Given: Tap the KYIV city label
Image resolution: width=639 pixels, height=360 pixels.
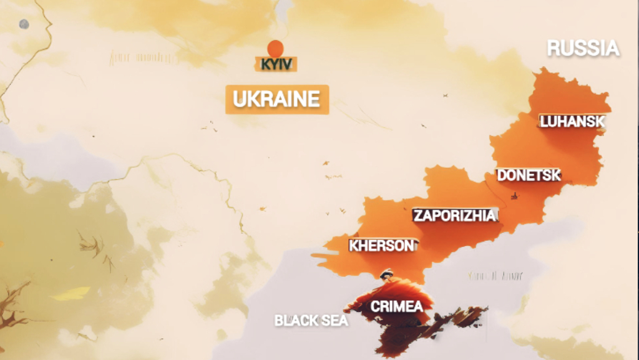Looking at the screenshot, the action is pyautogui.click(x=275, y=64).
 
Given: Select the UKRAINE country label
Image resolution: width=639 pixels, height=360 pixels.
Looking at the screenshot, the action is pyautogui.click(x=276, y=99).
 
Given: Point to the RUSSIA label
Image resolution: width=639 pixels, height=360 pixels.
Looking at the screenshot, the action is pyautogui.click(x=583, y=49).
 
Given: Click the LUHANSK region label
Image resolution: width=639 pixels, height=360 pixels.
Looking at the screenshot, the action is pyautogui.click(x=572, y=122).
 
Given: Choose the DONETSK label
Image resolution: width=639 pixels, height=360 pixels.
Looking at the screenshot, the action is pyautogui.click(x=529, y=175).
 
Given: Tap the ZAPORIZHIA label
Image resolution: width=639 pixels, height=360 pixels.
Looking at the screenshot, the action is pyautogui.click(x=455, y=216).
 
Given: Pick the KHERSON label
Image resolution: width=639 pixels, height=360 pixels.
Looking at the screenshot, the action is pyautogui.click(x=381, y=246).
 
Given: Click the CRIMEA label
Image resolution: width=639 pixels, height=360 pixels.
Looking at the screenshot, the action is pyautogui.click(x=396, y=306).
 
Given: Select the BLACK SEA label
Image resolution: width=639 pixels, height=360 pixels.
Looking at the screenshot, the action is pyautogui.click(x=311, y=321).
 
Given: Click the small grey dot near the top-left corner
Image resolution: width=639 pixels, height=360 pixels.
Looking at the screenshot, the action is pyautogui.click(x=24, y=24).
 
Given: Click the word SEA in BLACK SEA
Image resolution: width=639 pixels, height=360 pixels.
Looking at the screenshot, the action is pyautogui.click(x=333, y=321).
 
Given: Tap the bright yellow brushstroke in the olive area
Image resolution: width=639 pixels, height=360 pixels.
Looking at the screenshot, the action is pyautogui.click(x=70, y=293).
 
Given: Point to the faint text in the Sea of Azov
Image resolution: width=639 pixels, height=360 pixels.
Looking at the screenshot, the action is pyautogui.click(x=495, y=276).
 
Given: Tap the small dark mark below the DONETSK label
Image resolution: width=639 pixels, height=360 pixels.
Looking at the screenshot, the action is pyautogui.click(x=514, y=196).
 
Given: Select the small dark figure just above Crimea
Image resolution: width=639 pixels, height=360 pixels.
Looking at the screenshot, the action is pyautogui.click(x=387, y=273).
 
